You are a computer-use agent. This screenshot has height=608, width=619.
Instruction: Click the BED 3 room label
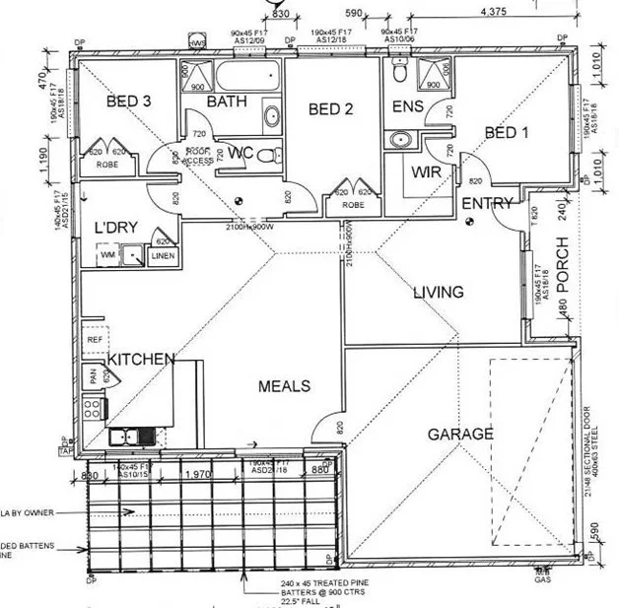(x=128, y=101)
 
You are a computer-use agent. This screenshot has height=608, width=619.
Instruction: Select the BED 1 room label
(x=508, y=133)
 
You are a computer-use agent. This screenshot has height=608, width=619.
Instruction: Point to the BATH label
(x=226, y=101)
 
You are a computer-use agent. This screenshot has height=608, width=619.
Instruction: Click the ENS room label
(x=407, y=105)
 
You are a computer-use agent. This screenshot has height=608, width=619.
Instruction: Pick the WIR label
(x=427, y=171)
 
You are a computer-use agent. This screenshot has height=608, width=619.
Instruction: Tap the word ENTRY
(x=487, y=204)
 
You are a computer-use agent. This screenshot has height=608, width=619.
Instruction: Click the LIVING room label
(x=438, y=292)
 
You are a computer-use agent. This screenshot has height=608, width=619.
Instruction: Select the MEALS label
(x=284, y=386)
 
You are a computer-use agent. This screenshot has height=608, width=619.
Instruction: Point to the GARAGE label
(x=460, y=434)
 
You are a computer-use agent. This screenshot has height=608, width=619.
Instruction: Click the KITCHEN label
(x=142, y=359)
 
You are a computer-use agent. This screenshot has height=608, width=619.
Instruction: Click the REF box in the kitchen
(x=95, y=339)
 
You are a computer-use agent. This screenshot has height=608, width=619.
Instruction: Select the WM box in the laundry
(x=106, y=256)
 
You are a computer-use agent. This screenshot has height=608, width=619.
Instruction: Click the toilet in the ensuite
(x=400, y=73)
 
